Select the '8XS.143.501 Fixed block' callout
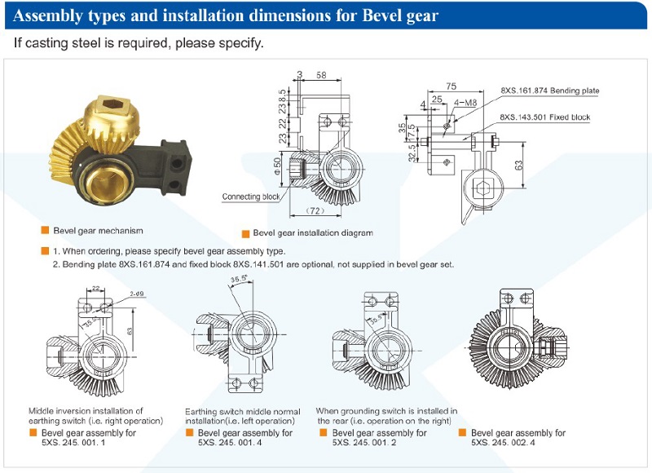coord(545,117)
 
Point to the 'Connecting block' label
coord(252,197)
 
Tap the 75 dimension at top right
coord(451,86)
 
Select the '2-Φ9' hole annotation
coord(136,294)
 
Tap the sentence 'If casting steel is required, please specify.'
coord(139,42)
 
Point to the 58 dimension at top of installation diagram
coord(321,75)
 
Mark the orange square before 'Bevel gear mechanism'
coord(46,231)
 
